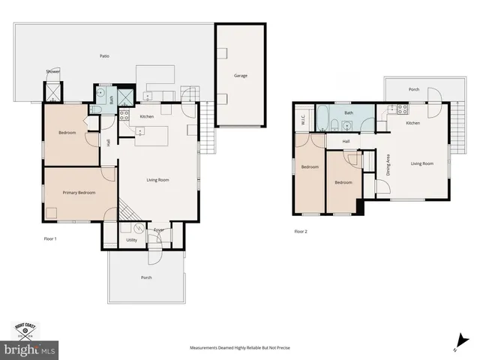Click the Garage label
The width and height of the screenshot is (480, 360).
click(240, 76)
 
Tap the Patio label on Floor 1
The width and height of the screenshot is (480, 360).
click(106, 56)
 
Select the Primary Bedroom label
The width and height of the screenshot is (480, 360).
click(79, 193)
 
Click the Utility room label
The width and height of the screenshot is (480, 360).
click(131, 240)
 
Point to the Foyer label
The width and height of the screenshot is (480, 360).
click(159, 230)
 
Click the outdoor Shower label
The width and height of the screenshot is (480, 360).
click(52, 71)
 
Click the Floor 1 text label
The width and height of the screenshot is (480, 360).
click(50, 239)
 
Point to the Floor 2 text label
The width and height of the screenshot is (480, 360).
click(301, 231)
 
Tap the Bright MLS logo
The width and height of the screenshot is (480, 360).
click(30, 349)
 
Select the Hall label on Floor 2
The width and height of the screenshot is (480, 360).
click(346, 141)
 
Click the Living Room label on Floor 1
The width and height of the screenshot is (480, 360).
click(157, 180)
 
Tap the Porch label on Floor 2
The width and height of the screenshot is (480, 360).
click(413, 89)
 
